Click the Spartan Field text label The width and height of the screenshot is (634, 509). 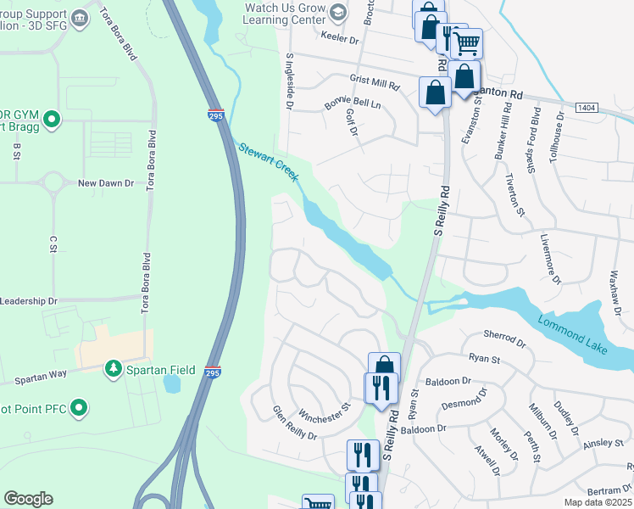point(161,370)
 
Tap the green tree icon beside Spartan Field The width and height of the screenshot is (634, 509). point(113,369)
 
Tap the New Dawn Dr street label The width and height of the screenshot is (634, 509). point(106,182)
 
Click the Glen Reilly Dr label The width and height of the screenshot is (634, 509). point(294,423)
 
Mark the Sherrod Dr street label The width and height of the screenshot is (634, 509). point(505,338)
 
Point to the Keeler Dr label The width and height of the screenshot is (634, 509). point(341,38)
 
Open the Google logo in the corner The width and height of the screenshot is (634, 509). point(28,499)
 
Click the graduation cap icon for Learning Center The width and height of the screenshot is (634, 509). point(337,11)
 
